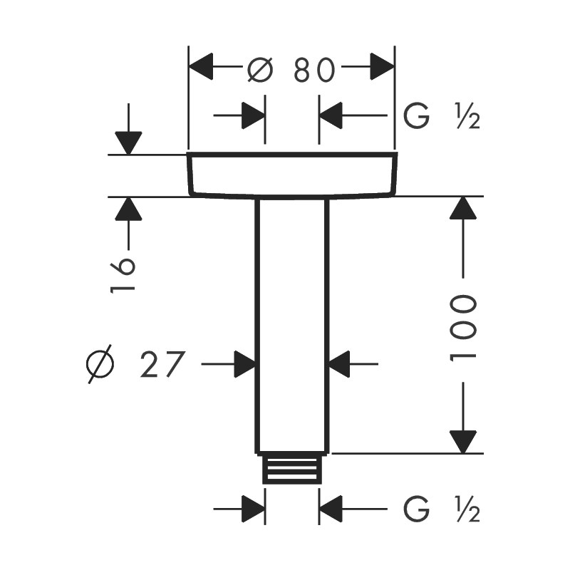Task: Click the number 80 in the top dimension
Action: (314, 69)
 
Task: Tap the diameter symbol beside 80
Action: (260, 69)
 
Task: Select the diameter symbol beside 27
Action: (100, 364)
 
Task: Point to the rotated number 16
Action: (123, 274)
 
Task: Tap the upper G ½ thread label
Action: (442, 116)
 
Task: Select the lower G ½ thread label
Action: (442, 509)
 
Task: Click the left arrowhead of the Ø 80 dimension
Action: (201, 66)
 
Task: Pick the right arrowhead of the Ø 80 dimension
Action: (383, 66)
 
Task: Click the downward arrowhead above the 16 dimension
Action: (128, 143)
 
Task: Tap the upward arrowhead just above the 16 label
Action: (128, 209)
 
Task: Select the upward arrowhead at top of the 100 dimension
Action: (462, 208)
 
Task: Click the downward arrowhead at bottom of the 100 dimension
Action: (462, 442)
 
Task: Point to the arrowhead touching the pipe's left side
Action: (245, 364)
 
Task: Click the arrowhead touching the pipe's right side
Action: (339, 364)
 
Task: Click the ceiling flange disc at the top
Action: (292, 175)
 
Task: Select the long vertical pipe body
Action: (292, 326)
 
